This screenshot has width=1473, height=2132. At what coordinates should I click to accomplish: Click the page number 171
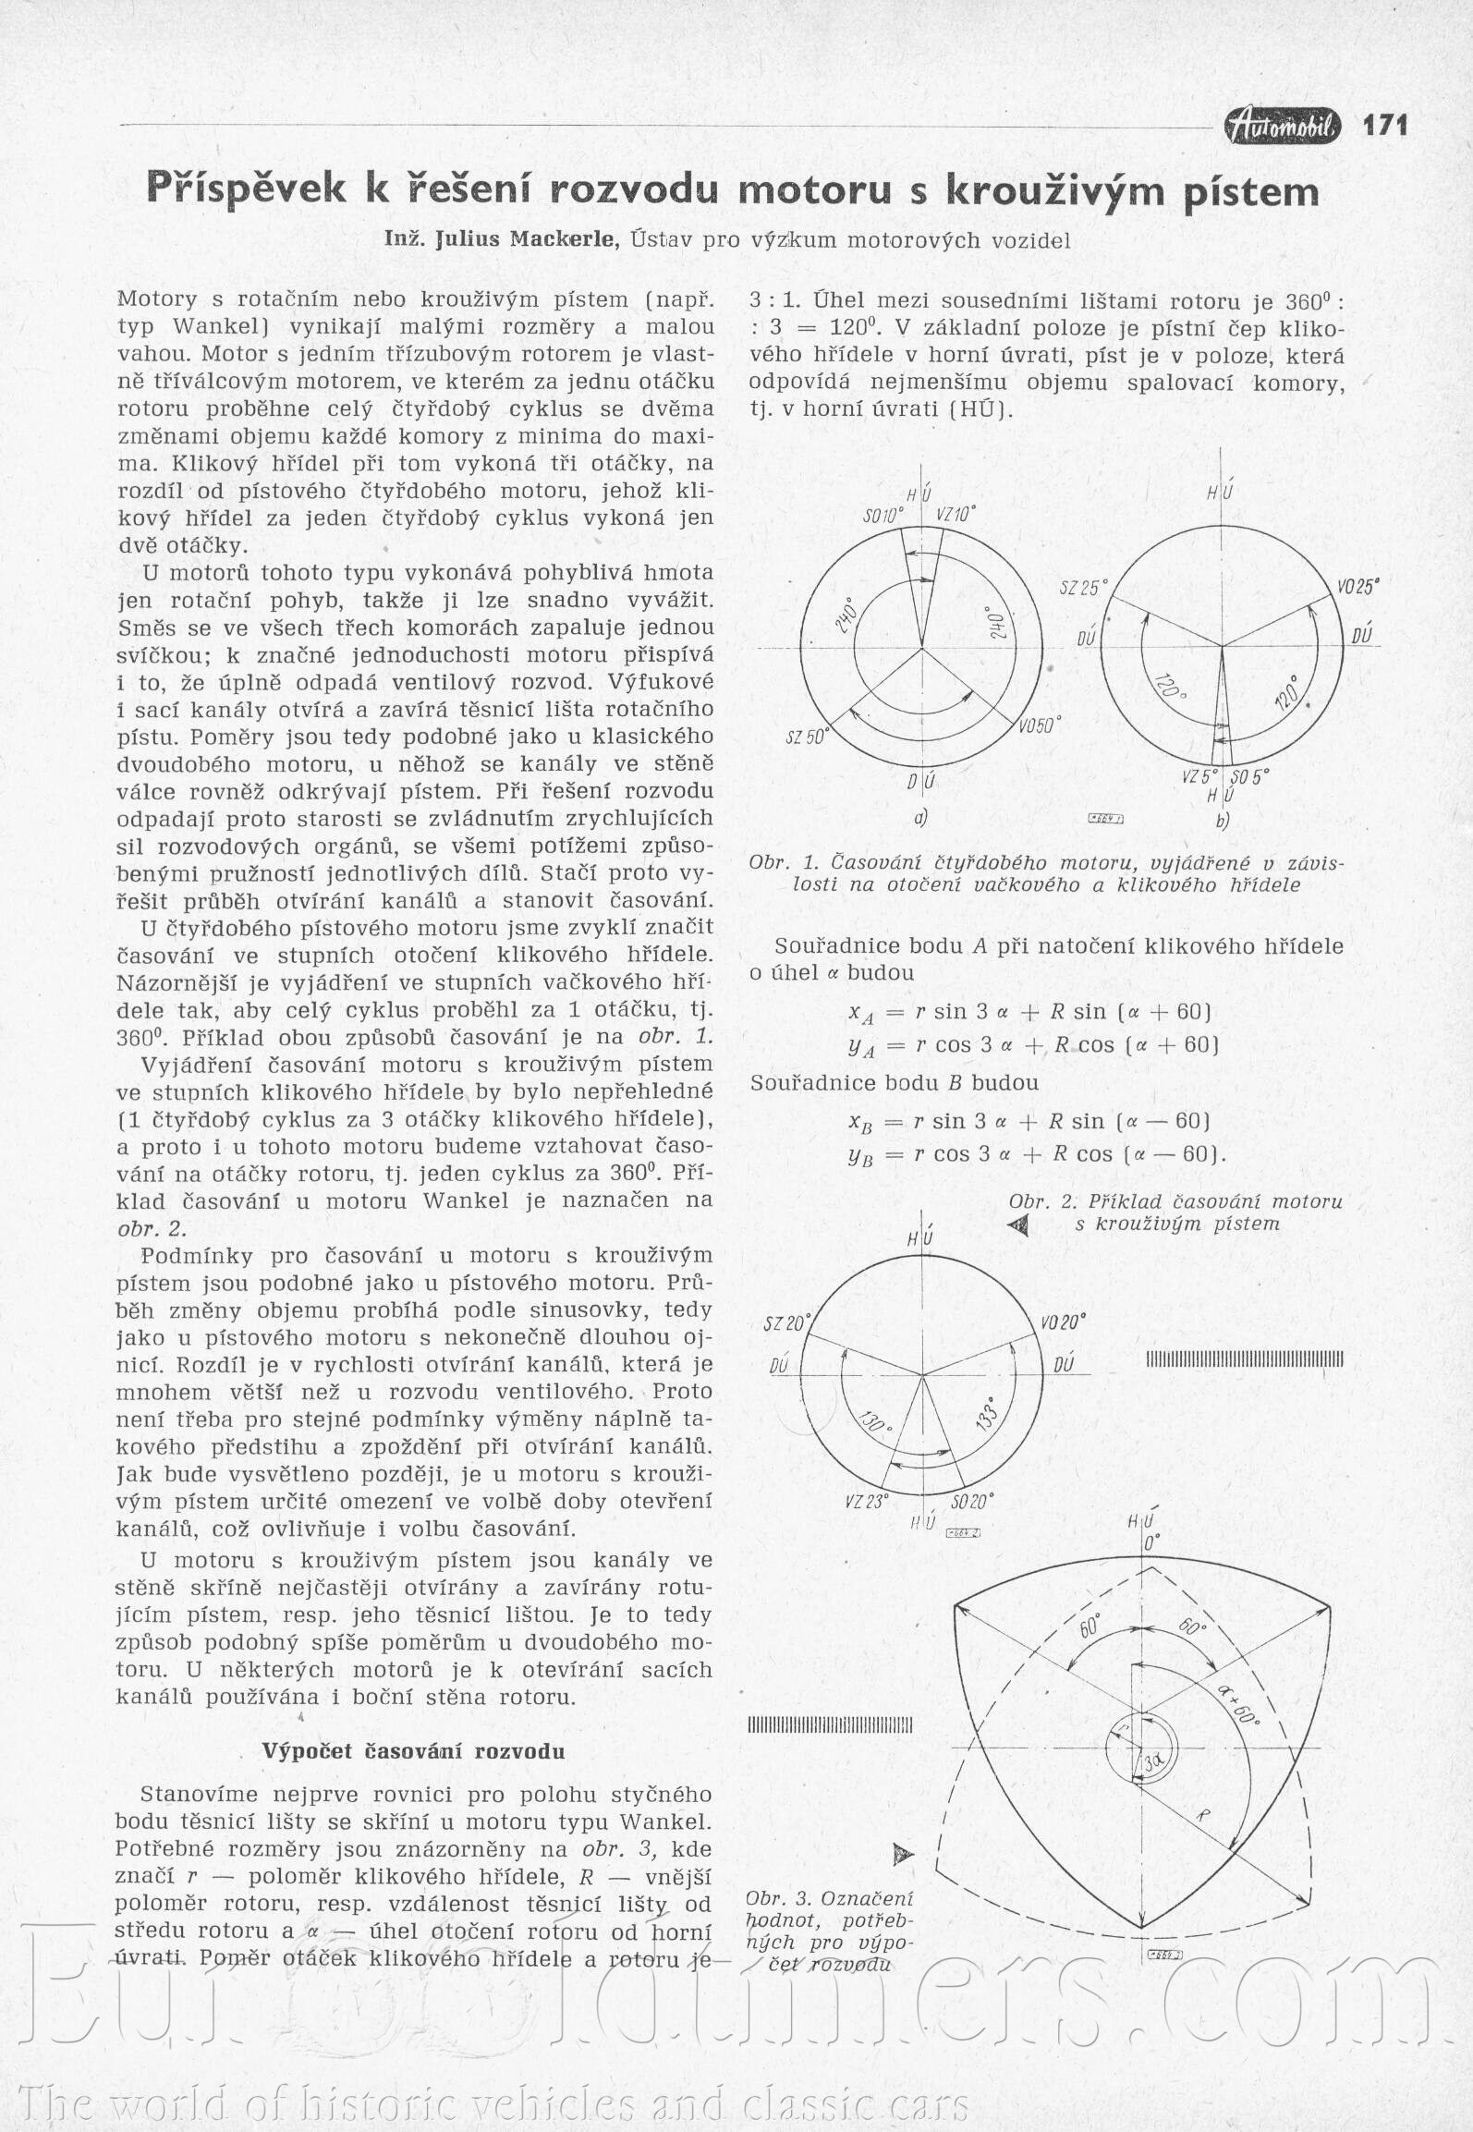pos(1384,126)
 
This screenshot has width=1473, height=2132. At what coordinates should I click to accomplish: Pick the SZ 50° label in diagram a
pos(808,737)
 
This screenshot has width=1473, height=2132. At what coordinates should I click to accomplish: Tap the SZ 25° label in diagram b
pos(1083,588)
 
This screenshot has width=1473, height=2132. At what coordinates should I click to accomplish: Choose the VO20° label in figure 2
pos(1063,1321)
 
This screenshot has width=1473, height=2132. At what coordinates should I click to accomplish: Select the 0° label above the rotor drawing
pos(1151,1542)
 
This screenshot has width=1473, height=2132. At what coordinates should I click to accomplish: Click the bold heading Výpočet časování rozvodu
pos(413,1750)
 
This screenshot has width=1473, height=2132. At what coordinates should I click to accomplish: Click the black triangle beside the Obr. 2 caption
pos(1019,1225)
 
